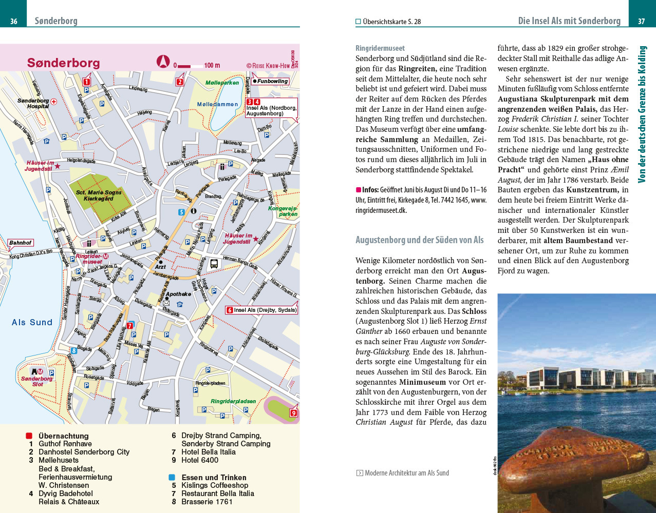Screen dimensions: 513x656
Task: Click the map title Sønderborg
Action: click(x=63, y=63)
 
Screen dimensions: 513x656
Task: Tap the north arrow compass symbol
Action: click(x=163, y=62)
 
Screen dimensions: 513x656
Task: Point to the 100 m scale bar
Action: click(x=197, y=66)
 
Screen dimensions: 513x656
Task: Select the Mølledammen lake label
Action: click(x=217, y=104)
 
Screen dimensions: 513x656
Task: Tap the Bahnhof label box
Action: click(x=20, y=243)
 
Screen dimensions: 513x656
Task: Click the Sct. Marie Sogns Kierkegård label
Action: click(x=99, y=195)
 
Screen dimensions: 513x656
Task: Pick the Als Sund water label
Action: click(x=32, y=322)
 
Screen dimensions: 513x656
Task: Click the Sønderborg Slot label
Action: click(x=36, y=381)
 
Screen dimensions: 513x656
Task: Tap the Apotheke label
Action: click(x=178, y=294)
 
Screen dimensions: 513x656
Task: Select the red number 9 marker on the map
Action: click(x=293, y=413)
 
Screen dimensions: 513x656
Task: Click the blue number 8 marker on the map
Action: click(x=74, y=351)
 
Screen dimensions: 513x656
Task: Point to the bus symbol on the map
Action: click(x=214, y=264)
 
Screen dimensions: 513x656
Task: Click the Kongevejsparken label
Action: click(x=283, y=211)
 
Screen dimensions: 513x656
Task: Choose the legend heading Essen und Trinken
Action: click(x=214, y=477)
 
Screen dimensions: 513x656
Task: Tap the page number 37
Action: click(x=641, y=21)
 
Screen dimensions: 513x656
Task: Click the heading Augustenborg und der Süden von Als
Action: click(x=419, y=240)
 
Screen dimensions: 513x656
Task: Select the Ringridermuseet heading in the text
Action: click(x=380, y=48)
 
